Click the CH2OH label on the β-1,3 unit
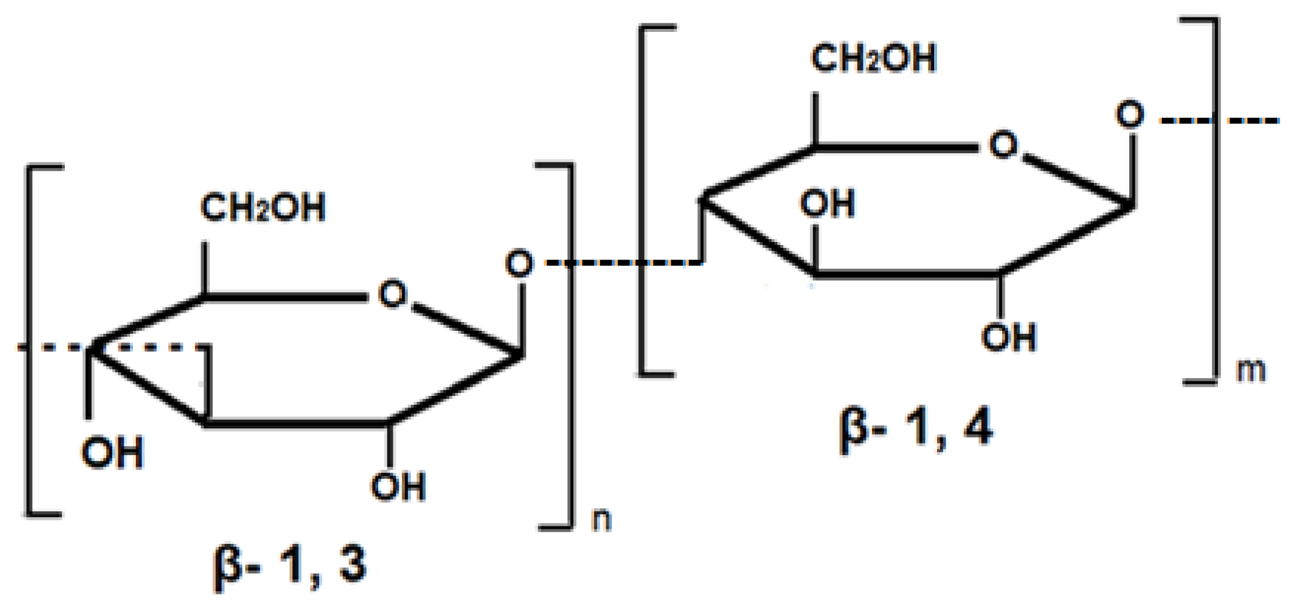click(x=263, y=207)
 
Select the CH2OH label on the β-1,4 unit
click(x=874, y=58)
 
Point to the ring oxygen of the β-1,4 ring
click(x=1003, y=145)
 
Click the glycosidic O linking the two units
click(x=519, y=264)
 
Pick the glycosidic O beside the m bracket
click(x=1130, y=114)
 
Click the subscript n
click(x=602, y=519)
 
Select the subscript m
click(x=1250, y=370)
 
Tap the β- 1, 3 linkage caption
click(x=290, y=565)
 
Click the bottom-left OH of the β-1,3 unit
click(x=112, y=453)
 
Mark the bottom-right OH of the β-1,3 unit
click(x=398, y=486)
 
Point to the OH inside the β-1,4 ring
click(x=827, y=203)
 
